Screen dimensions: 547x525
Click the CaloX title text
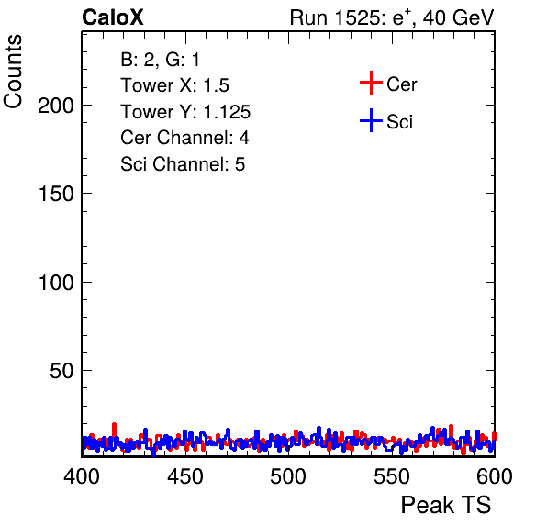pos(113,17)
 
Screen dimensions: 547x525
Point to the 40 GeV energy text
pos(458,17)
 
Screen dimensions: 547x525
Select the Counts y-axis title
pos(13,72)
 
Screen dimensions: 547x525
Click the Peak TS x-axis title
pos(446,505)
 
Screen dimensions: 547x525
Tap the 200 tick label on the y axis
pos(56,105)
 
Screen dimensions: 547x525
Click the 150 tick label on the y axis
pos(56,194)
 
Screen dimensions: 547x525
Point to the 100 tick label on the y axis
pos(56,282)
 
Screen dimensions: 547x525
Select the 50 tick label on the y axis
pos(61,371)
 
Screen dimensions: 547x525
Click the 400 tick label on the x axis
pos(82,476)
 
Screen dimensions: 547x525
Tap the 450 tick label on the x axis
pos(184,476)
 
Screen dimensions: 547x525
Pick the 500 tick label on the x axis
pos(288,476)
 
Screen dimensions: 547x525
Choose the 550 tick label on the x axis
pos(391,476)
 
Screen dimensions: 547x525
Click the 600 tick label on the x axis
pos(495,476)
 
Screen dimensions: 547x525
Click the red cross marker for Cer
pos(371,83)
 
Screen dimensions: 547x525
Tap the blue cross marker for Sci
pos(371,121)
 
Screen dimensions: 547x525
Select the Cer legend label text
pos(401,84)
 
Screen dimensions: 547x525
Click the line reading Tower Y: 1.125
pos(185,112)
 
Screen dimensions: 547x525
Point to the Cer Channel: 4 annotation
pos(184,138)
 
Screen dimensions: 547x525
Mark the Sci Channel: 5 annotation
pos(183,164)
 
